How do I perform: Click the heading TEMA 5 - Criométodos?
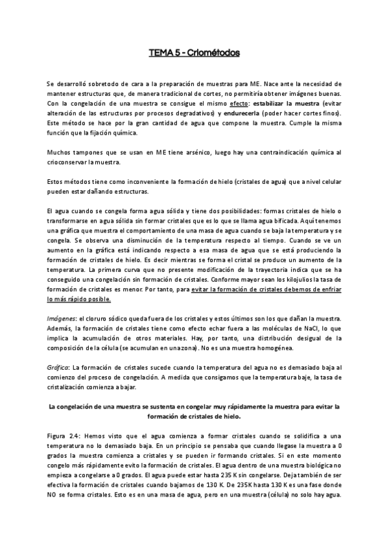coord(194,53)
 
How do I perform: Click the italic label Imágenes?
coord(61,319)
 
